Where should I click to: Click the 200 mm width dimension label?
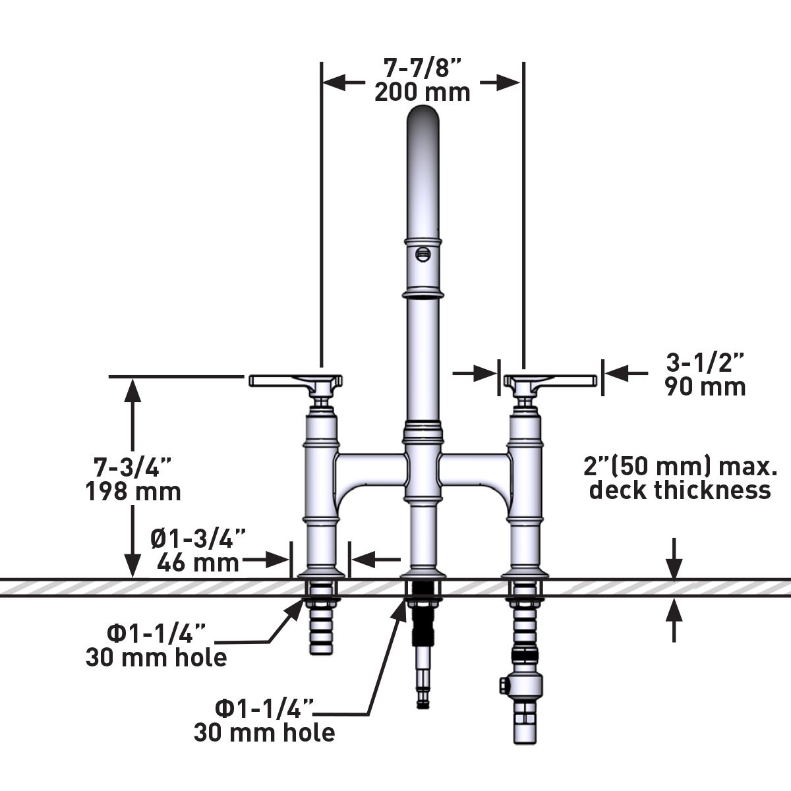tap(423, 92)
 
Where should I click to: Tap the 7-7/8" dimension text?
tap(422, 67)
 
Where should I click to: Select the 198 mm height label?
tap(133, 491)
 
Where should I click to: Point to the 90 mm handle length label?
tap(705, 386)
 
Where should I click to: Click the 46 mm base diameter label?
tap(198, 562)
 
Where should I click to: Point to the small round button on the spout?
tap(423, 253)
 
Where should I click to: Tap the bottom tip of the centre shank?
tap(423, 704)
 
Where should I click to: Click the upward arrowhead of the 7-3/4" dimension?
tap(133, 389)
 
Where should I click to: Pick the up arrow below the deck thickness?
tap(674, 610)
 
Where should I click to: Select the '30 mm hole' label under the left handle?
tap(156, 657)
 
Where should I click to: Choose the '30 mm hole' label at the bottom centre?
tap(264, 732)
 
